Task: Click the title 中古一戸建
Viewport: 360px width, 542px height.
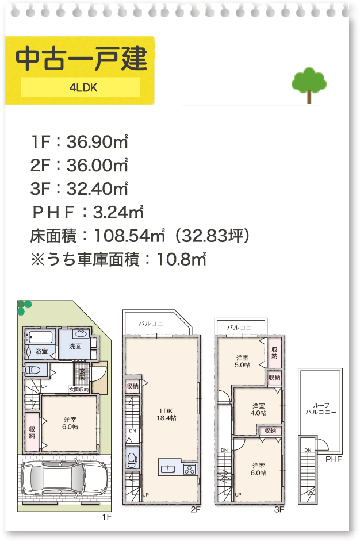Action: [x=81, y=59]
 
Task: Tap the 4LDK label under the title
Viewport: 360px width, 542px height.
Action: [x=81, y=88]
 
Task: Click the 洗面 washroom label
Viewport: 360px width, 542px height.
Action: [x=75, y=347]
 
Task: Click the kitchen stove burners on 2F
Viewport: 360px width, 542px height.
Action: [x=190, y=469]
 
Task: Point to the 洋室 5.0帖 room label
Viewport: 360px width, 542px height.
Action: [x=242, y=360]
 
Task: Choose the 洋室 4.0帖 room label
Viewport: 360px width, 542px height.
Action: [x=259, y=409]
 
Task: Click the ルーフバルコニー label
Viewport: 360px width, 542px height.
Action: [x=320, y=408]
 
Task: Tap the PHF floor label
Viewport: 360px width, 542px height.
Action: [x=334, y=459]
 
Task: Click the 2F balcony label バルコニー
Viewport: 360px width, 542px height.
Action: [x=154, y=324]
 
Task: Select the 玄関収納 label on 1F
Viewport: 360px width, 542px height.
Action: [x=78, y=389]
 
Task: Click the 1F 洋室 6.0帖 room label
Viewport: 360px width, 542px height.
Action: [x=71, y=422]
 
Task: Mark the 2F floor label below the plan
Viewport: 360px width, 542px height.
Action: [x=196, y=509]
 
